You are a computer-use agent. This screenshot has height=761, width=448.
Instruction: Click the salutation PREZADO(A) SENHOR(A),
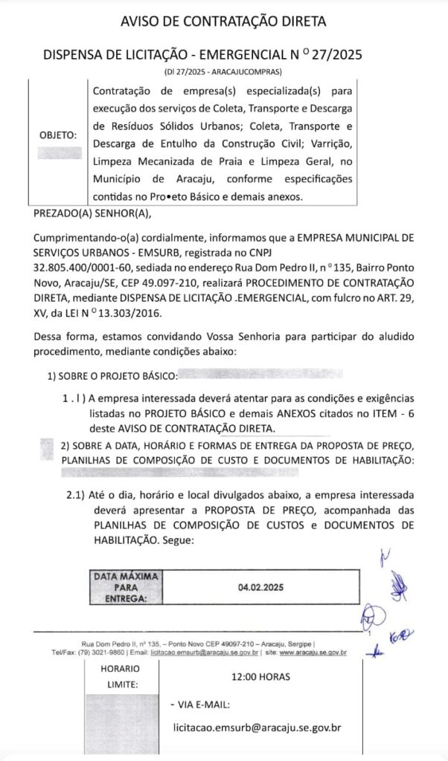92,214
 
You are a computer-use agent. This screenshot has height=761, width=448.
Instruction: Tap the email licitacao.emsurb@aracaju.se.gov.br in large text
257,729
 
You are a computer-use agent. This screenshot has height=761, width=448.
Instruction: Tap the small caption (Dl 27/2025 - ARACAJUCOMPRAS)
223,71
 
